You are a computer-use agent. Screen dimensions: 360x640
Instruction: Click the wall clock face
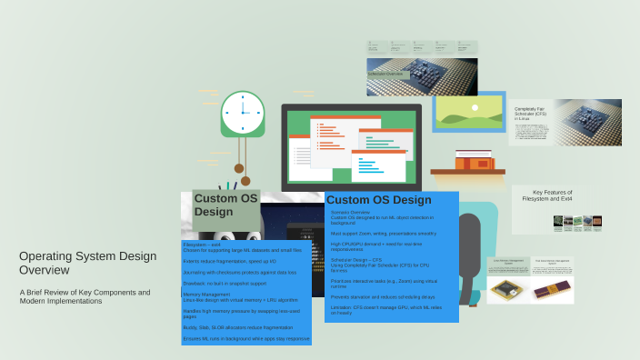[243, 113]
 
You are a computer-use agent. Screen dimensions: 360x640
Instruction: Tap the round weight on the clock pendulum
[239, 168]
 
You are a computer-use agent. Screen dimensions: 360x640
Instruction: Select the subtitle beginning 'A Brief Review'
[85, 296]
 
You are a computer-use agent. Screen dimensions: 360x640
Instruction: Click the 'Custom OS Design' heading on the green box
[225, 205]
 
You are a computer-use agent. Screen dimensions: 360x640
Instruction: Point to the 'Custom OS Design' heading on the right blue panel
[378, 200]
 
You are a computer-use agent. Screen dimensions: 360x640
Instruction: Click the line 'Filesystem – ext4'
[208, 245]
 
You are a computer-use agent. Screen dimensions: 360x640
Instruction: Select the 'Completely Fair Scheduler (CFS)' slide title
[536, 111]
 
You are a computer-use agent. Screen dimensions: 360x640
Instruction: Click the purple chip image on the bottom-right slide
[553, 288]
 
